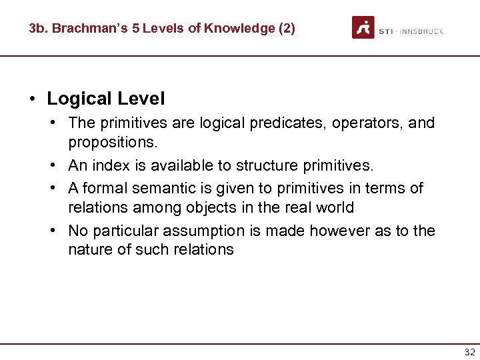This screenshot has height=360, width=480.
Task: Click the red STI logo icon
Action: [x=363, y=27]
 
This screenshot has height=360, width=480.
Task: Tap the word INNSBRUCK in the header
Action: [x=423, y=31]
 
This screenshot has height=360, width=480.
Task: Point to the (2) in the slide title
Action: [x=285, y=29]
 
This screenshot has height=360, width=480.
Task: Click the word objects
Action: [x=211, y=207]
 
